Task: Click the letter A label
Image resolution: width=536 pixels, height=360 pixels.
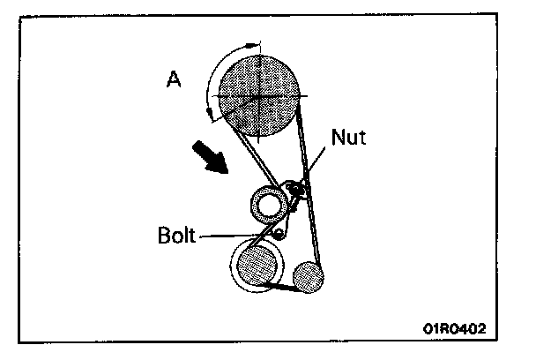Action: click(175, 80)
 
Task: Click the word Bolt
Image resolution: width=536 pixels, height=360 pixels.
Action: click(178, 236)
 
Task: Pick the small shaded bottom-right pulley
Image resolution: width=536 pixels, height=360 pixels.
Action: click(309, 276)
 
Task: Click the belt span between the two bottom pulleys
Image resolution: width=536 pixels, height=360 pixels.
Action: click(282, 288)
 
